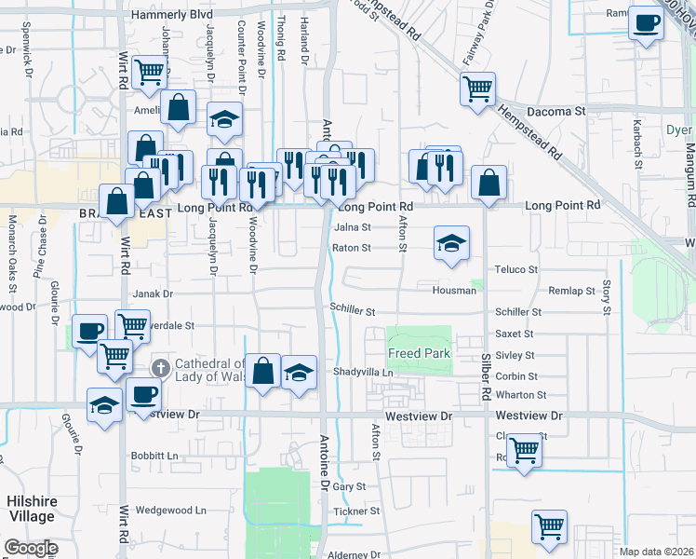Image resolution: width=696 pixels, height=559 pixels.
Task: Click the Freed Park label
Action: (x=419, y=354)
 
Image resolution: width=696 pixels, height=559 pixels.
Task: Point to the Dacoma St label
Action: (x=555, y=111)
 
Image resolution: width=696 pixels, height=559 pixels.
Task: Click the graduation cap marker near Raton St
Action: (x=451, y=245)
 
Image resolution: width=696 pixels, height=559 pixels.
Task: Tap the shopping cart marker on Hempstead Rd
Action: (x=477, y=90)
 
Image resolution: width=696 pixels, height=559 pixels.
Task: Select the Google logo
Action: (x=30, y=548)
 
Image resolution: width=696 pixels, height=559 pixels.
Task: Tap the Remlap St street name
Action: (x=571, y=291)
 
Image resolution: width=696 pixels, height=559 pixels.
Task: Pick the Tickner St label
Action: (x=356, y=511)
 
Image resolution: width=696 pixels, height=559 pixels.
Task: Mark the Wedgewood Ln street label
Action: (x=170, y=511)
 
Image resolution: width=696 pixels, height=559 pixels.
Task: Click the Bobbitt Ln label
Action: (x=154, y=456)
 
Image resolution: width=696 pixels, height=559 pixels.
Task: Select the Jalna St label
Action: (x=353, y=226)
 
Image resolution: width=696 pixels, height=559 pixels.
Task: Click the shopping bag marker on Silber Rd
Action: (x=489, y=183)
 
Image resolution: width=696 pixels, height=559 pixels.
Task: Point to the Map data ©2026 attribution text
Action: (x=655, y=552)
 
